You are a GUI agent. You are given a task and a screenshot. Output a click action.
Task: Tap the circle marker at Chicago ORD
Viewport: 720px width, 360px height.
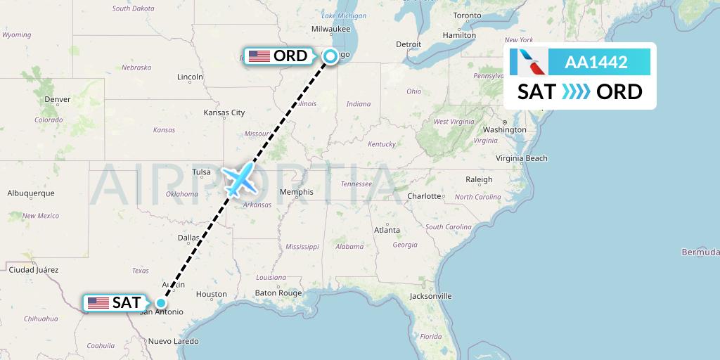pyautogui.click(x=330, y=57)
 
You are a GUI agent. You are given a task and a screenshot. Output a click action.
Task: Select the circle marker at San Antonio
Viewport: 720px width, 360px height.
pyautogui.click(x=161, y=303)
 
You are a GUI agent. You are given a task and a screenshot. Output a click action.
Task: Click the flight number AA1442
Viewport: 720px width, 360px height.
pyautogui.click(x=596, y=63)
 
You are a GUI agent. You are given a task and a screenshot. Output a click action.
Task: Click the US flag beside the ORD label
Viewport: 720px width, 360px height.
pyautogui.click(x=259, y=56)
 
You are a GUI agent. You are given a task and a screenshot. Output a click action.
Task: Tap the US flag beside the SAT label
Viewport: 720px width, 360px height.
pyautogui.click(x=98, y=303)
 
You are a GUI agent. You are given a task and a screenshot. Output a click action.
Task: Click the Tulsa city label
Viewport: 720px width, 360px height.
pyautogui.click(x=202, y=172)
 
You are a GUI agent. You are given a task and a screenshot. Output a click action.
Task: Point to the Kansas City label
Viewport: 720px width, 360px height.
pyautogui.click(x=224, y=112)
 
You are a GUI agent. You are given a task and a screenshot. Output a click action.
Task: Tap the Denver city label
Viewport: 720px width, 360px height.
pyautogui.click(x=57, y=99)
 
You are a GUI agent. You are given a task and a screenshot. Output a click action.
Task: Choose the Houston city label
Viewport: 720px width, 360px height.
pyautogui.click(x=211, y=294)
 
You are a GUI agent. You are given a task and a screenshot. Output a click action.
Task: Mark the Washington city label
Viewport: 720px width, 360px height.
pyautogui.click(x=505, y=129)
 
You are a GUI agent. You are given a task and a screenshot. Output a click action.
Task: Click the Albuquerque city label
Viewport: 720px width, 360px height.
pyautogui.click(x=31, y=193)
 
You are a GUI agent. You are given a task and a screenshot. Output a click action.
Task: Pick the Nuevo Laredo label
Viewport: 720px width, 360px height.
pyautogui.click(x=172, y=341)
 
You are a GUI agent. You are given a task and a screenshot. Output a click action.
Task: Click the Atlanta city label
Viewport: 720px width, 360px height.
pyautogui.click(x=387, y=230)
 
